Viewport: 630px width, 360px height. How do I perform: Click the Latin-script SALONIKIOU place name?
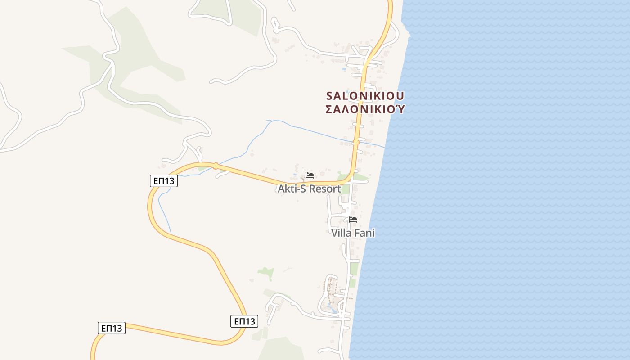click(x=365, y=96)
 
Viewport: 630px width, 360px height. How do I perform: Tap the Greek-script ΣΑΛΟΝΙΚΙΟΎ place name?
click(x=365, y=109)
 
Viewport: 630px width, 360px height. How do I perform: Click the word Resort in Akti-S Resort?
click(x=324, y=189)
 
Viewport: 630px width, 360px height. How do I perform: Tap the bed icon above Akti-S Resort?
click(x=310, y=175)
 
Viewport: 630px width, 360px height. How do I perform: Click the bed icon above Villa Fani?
click(x=353, y=220)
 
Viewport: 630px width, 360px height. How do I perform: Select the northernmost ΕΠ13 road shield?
click(x=164, y=181)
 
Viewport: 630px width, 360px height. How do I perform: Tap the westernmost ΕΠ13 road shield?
click(x=112, y=328)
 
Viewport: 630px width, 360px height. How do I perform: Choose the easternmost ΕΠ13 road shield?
click(x=245, y=321)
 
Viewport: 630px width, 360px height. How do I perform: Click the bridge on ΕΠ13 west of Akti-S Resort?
click(x=216, y=166)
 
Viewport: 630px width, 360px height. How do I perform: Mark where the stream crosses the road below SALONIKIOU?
click(x=356, y=141)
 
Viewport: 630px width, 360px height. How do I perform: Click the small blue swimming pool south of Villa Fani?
click(x=332, y=309)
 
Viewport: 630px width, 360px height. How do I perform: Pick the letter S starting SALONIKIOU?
click(x=329, y=96)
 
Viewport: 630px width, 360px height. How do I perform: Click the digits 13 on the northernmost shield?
click(x=170, y=181)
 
